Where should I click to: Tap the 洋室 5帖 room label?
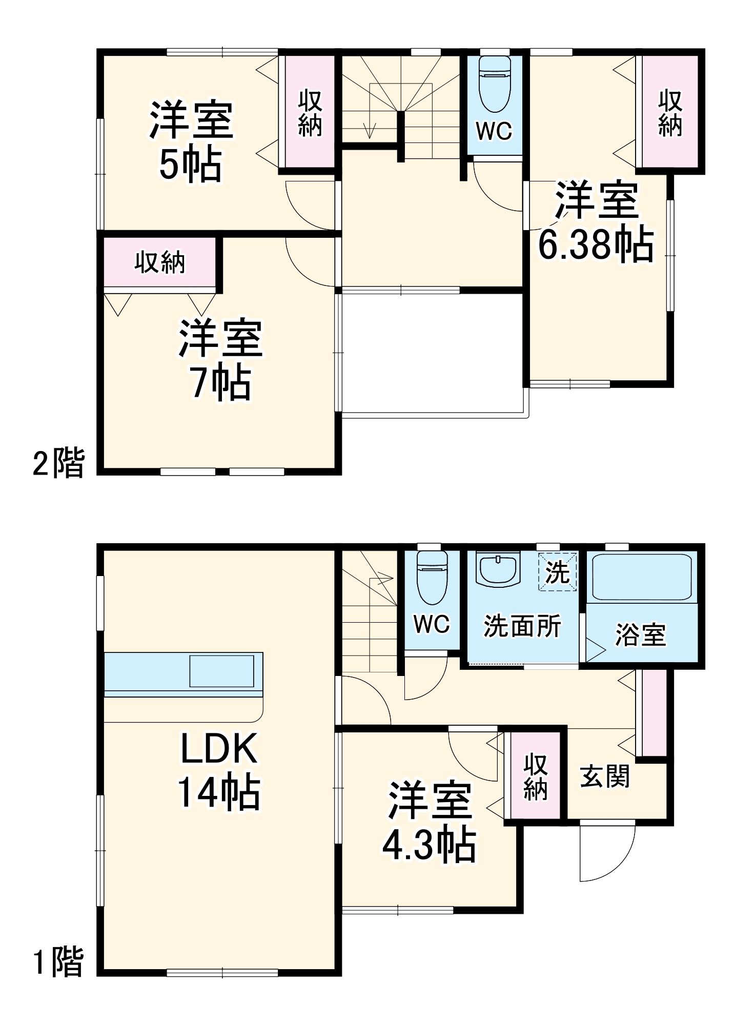(x=191, y=142)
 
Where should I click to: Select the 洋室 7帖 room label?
(x=220, y=360)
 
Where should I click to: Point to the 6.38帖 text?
(x=596, y=244)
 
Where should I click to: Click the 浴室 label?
(x=641, y=635)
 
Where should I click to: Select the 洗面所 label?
(x=522, y=626)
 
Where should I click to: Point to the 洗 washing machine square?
(x=557, y=571)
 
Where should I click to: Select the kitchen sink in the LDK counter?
(x=221, y=670)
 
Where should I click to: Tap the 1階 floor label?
(x=58, y=962)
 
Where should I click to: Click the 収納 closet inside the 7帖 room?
(x=159, y=262)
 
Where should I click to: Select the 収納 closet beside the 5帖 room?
(x=310, y=113)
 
